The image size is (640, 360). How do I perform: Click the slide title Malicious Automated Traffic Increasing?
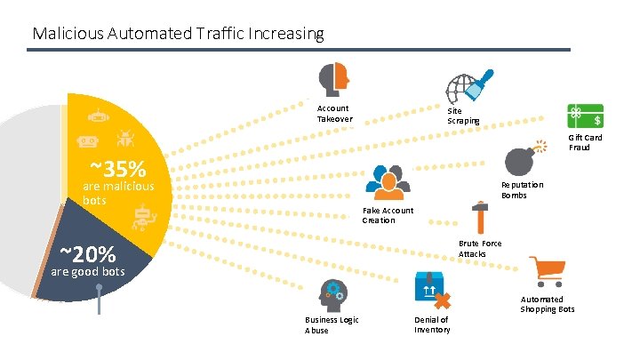click(x=178, y=34)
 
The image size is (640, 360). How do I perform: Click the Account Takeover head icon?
click(x=334, y=80)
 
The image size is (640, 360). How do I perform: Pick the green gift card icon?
click(x=587, y=115)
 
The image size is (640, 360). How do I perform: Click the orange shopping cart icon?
click(x=545, y=271)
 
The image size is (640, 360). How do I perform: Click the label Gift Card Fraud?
click(x=586, y=142)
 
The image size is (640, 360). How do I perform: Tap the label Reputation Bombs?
click(x=522, y=189)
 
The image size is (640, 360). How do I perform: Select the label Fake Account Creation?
click(x=388, y=215)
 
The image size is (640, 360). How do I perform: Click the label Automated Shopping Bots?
click(x=548, y=304)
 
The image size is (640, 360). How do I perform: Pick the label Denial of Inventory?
click(x=432, y=324)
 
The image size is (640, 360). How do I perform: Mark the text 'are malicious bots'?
click(x=118, y=194)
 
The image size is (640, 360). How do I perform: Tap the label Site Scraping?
click(x=463, y=115)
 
